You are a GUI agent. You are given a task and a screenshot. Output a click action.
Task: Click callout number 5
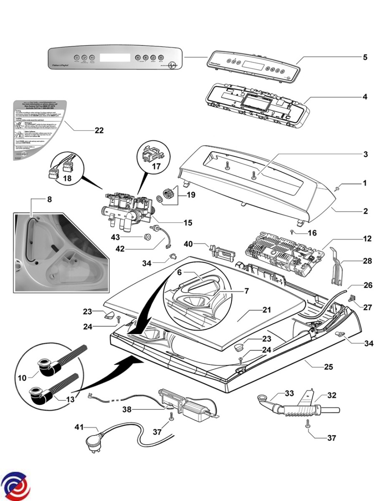click(365, 57)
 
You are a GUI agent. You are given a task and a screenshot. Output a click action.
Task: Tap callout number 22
click(99, 130)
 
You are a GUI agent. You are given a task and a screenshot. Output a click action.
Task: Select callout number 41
click(79, 427)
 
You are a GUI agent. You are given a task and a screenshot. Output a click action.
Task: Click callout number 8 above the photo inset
click(49, 199)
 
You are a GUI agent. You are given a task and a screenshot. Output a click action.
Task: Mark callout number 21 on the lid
click(267, 310)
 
